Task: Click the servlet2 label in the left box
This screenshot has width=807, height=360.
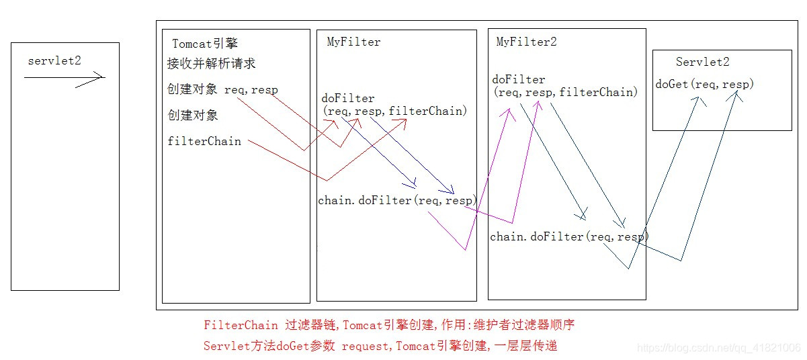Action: (54, 61)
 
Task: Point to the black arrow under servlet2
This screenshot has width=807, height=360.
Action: (65, 78)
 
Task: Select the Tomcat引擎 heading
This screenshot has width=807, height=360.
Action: (205, 44)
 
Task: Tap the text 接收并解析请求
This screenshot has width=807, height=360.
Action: (211, 64)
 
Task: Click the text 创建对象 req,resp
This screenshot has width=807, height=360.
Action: (222, 89)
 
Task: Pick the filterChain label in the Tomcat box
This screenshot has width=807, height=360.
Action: (204, 141)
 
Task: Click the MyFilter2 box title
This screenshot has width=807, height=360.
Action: (526, 42)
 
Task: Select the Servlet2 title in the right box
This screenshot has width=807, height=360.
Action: (702, 62)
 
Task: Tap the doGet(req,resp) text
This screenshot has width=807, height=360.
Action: (705, 84)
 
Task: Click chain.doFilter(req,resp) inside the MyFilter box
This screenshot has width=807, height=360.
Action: (398, 200)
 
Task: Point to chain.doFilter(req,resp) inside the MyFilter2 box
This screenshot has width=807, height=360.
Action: (569, 236)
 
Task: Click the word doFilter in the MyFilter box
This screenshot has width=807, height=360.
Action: (348, 98)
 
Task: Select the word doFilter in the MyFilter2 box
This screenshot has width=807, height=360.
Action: (519, 80)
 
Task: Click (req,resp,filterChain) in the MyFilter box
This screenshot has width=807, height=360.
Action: (394, 111)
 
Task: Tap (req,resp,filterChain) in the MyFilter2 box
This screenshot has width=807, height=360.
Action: (565, 93)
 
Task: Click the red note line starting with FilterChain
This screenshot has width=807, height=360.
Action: (389, 325)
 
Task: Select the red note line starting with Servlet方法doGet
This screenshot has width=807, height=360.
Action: (380, 346)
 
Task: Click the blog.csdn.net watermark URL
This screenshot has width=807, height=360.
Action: (718, 347)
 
